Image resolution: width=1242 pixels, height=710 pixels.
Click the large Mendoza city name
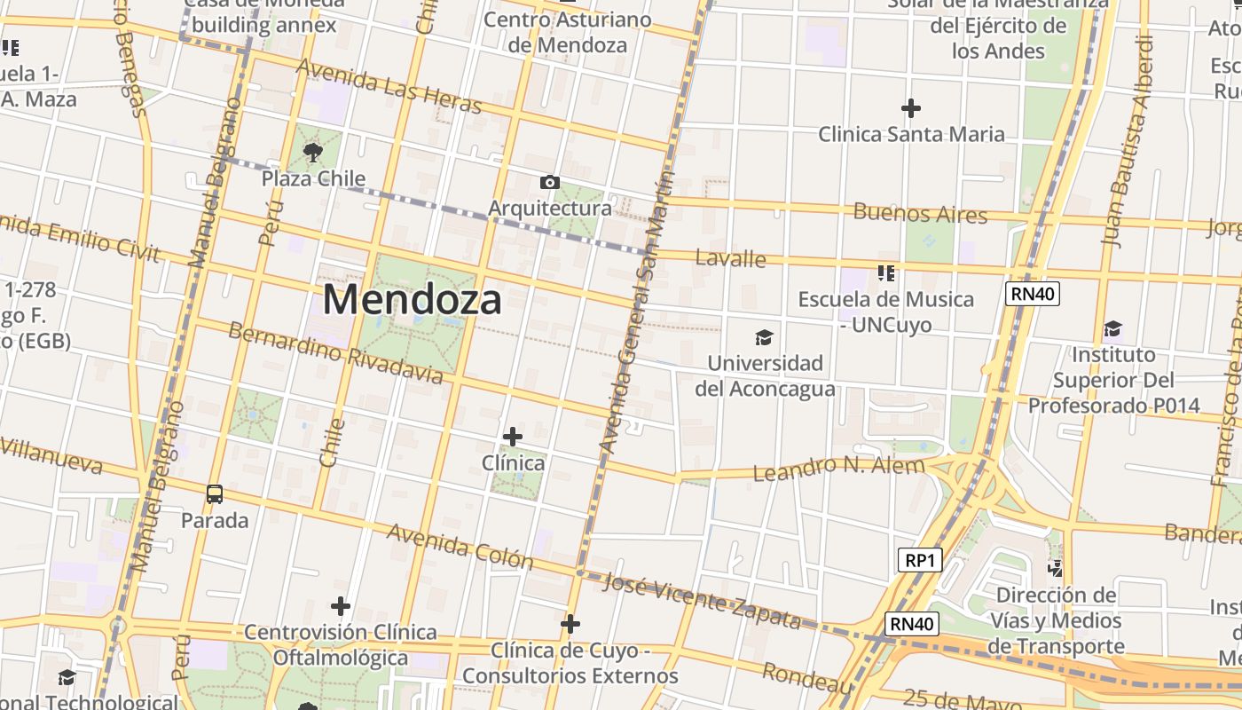click(x=412, y=299)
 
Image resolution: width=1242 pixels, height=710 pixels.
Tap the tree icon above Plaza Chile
click(x=312, y=154)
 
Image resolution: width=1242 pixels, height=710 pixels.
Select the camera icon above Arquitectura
click(x=550, y=183)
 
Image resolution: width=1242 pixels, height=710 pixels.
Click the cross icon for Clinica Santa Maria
click(x=911, y=109)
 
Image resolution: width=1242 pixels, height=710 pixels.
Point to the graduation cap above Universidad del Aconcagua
click(x=764, y=337)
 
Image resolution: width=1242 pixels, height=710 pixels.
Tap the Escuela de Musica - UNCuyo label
click(x=885, y=312)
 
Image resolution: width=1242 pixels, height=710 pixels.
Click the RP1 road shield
click(x=919, y=560)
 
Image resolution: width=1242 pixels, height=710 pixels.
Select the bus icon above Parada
click(x=214, y=494)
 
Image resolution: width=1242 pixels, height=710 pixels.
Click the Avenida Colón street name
click(x=460, y=546)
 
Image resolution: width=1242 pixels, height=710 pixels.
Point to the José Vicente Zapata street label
click(x=702, y=601)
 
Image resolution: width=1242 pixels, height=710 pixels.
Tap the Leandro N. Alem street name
click(x=838, y=467)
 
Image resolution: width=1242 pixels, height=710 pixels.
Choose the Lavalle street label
click(x=730, y=258)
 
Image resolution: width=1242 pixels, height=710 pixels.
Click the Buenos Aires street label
click(x=920, y=213)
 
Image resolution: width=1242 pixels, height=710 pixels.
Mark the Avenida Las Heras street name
click(x=389, y=86)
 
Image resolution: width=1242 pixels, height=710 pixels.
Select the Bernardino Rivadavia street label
click(x=335, y=352)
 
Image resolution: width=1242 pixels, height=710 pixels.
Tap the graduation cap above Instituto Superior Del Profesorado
click(x=1112, y=329)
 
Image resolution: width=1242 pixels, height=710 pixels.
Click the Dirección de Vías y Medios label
click(x=1055, y=620)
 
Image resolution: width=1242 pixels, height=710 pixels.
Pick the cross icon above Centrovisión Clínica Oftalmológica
click(x=341, y=606)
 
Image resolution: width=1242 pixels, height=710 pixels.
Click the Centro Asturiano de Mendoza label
click(x=568, y=32)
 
